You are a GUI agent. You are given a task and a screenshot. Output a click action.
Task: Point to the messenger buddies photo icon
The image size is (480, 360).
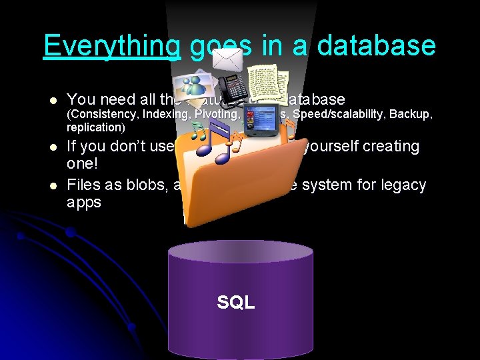tap(190, 86)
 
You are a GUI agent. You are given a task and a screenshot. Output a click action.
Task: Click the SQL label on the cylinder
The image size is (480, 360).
tap(236, 303)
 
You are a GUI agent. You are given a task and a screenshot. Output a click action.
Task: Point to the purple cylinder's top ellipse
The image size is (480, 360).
tap(240, 252)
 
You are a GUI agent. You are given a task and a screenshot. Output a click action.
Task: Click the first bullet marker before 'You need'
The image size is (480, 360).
tap(53, 101)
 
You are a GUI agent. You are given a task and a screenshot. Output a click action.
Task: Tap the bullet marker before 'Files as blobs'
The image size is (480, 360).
tap(53, 185)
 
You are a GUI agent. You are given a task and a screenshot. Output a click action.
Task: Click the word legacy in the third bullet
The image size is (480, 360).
tap(401, 185)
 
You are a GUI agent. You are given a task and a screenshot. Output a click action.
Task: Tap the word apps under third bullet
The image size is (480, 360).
tap(85, 203)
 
